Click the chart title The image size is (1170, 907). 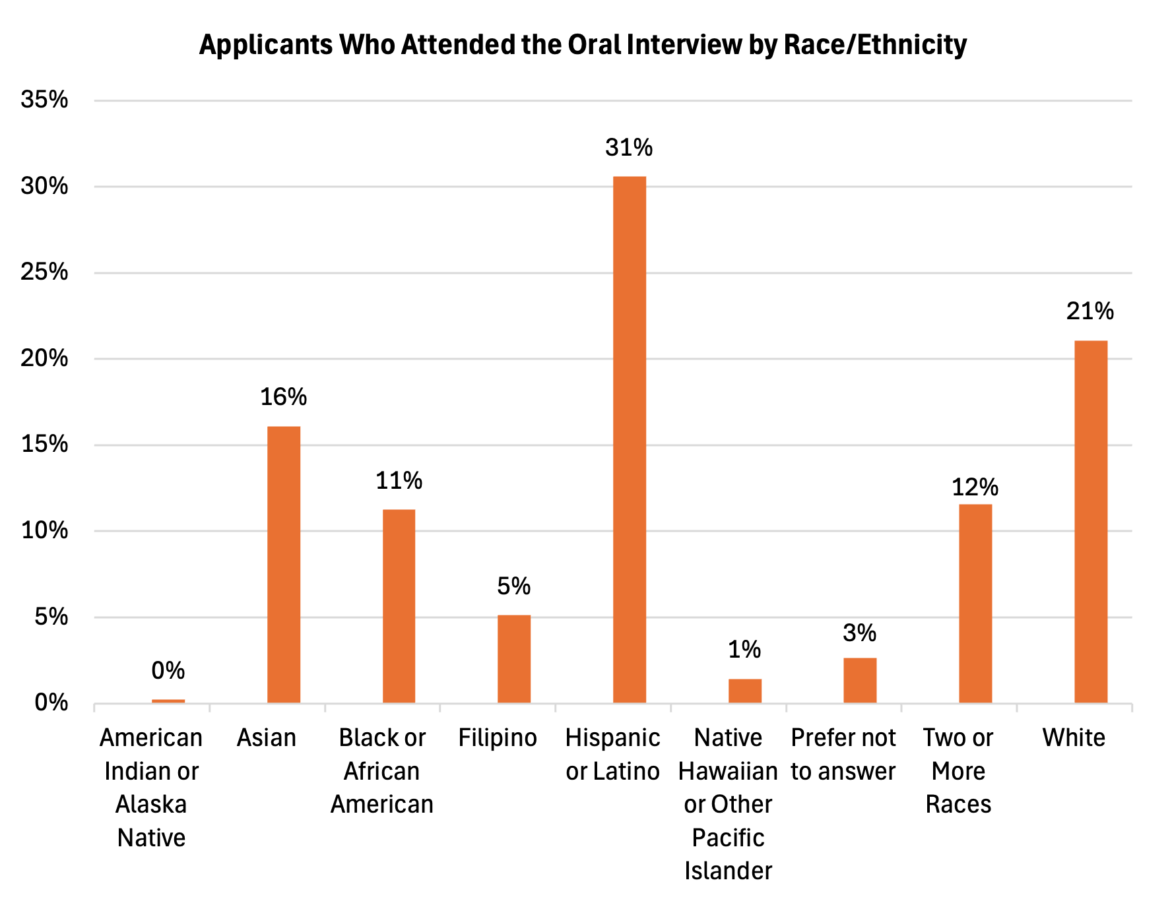tap(583, 45)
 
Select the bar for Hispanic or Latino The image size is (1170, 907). tap(630, 439)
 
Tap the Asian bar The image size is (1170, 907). tap(284, 565)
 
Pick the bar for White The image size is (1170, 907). tap(1091, 522)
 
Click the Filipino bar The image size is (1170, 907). tap(514, 659)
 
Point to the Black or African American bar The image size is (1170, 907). tap(399, 606)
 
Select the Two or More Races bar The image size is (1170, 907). tap(975, 604)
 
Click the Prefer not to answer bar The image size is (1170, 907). tap(860, 680)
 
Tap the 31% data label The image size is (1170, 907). tap(629, 148)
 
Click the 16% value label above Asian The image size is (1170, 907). tap(284, 397)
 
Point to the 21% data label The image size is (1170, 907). tap(1090, 311)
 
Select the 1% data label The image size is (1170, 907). tap(744, 650)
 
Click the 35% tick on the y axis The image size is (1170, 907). tap(45, 100)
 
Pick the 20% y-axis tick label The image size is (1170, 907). tap(45, 358)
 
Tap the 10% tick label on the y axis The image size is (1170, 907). tap(45, 530)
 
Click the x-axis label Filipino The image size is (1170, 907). tap(498, 737)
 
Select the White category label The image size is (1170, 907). tap(1074, 737)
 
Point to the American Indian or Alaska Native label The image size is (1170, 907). tap(151, 788)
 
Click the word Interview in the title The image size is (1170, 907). tap(684, 45)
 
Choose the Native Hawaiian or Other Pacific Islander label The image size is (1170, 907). tap(728, 804)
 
